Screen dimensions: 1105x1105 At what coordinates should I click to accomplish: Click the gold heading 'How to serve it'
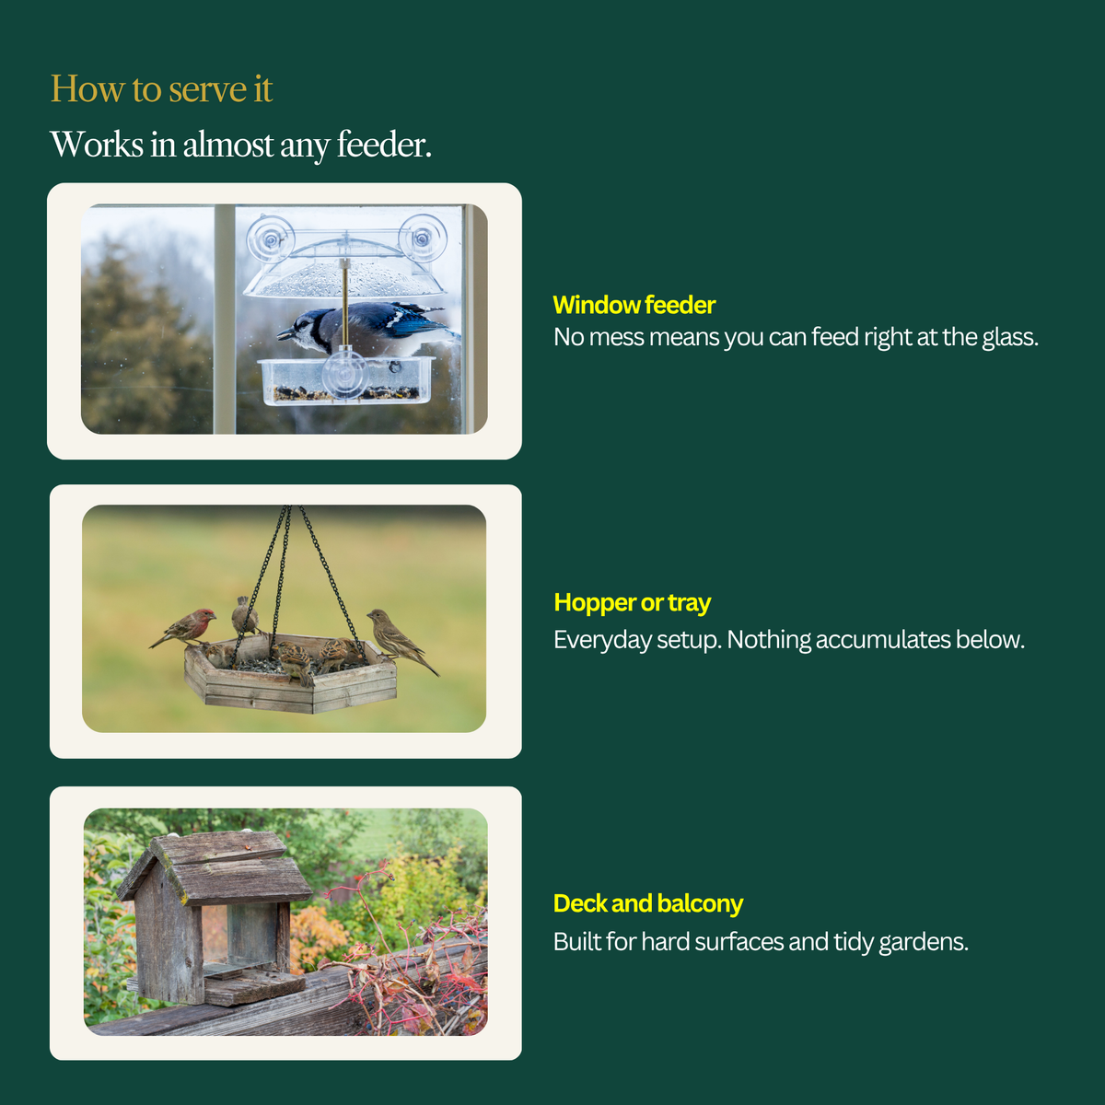(161, 89)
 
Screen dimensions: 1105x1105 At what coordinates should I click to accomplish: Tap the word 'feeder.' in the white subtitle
(384, 144)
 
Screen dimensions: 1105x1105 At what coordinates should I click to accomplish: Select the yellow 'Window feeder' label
(634, 305)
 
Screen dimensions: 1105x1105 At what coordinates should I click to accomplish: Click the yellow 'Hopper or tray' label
(632, 602)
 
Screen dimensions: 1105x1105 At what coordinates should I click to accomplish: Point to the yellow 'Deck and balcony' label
(648, 903)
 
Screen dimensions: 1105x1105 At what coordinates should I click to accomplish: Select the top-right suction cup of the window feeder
(423, 237)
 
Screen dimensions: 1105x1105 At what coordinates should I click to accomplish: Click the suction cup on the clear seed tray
(344, 372)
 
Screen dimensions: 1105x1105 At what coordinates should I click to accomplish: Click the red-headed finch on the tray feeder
(185, 627)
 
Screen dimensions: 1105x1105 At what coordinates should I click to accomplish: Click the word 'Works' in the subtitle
(97, 144)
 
